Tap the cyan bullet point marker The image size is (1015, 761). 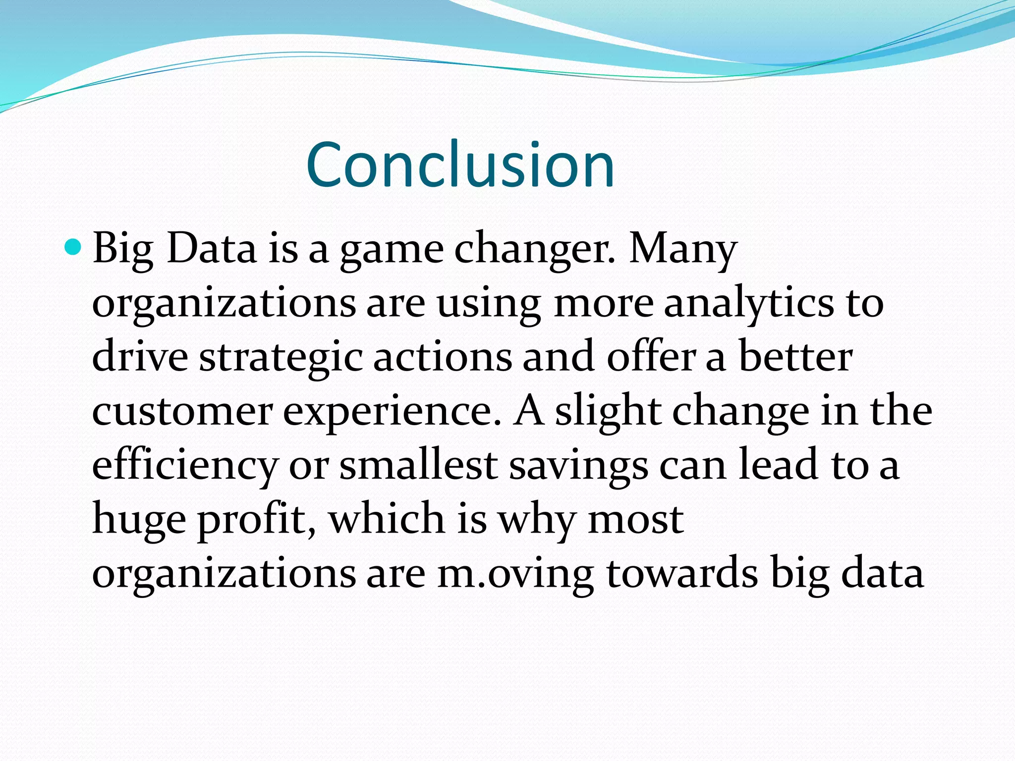coord(73,246)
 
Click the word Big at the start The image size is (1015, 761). coord(122,249)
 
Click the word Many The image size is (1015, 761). coord(683,249)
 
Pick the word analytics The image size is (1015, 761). coord(748,304)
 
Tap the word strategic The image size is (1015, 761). coord(281,358)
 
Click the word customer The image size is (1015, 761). coord(182,412)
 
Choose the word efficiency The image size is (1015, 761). coord(184,466)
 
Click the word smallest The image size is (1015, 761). coord(418,465)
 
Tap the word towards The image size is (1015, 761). coord(682,574)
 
